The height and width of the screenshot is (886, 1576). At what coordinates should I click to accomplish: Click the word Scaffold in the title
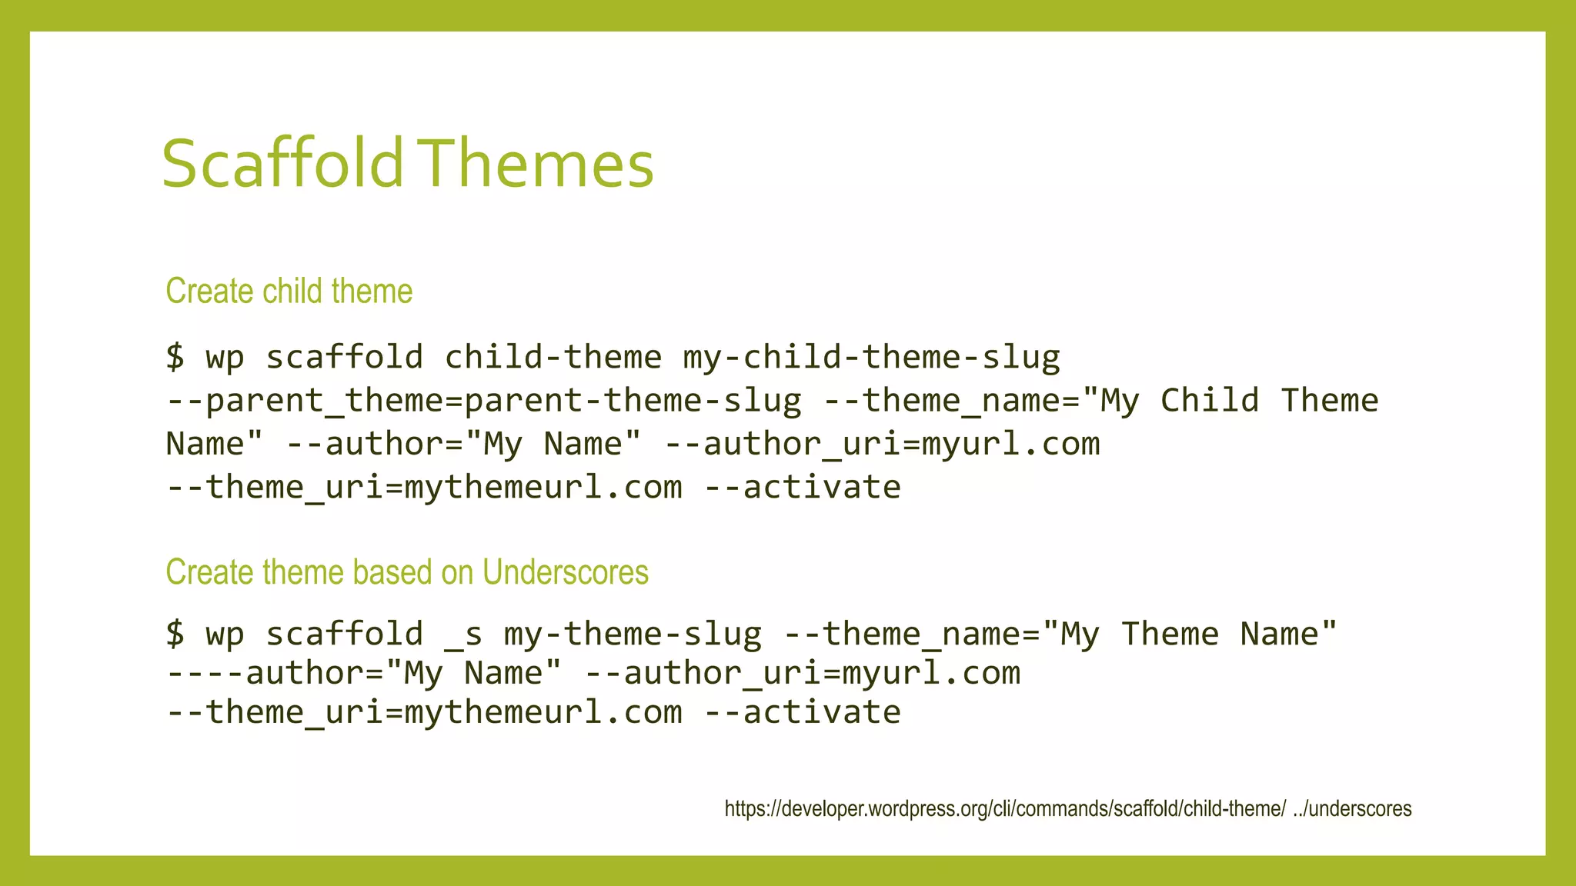pos(282,163)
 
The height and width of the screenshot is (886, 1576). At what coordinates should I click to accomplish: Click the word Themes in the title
pos(537,163)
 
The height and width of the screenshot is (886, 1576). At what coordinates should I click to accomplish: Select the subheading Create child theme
pos(289,291)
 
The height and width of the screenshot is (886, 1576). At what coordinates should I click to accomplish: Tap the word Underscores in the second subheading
pos(565,572)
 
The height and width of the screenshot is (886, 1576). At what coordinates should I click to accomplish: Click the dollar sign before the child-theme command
pos(175,357)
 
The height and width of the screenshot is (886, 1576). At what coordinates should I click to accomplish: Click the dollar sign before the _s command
pos(175,634)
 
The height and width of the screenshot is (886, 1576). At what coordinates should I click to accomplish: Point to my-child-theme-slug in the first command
pos(871,357)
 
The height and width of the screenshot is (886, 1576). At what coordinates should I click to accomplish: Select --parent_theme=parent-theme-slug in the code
pos(483,401)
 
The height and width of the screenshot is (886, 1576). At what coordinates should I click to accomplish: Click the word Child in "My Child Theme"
pos(1209,401)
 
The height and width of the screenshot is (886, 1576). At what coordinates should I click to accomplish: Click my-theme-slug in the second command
pos(633,634)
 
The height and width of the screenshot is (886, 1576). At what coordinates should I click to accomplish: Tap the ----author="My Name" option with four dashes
pos(363,673)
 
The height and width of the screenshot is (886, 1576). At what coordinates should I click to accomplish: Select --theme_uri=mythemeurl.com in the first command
pos(424,487)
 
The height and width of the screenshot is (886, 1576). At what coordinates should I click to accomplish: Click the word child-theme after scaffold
pos(553,357)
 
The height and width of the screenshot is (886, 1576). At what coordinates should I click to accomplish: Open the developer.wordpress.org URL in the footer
pos(1004,809)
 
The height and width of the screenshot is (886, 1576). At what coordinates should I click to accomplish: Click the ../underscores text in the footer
pos(1352,809)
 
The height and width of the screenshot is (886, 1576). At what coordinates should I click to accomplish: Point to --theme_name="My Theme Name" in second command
pos(1060,634)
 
